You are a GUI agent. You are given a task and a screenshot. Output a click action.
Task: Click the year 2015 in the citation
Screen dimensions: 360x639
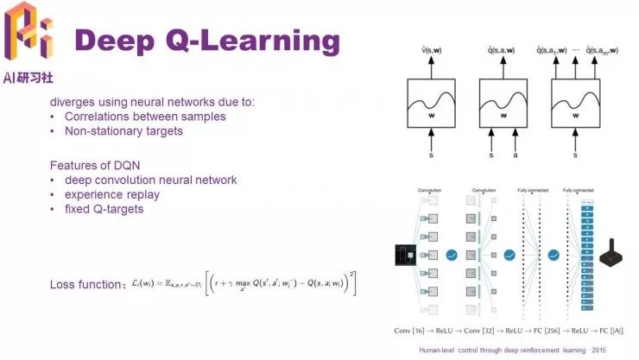tap(599, 351)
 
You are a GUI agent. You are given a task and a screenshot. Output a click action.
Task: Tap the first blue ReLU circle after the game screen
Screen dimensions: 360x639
tap(451, 256)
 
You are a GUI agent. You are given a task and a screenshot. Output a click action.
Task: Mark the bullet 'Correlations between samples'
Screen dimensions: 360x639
tap(137, 117)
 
